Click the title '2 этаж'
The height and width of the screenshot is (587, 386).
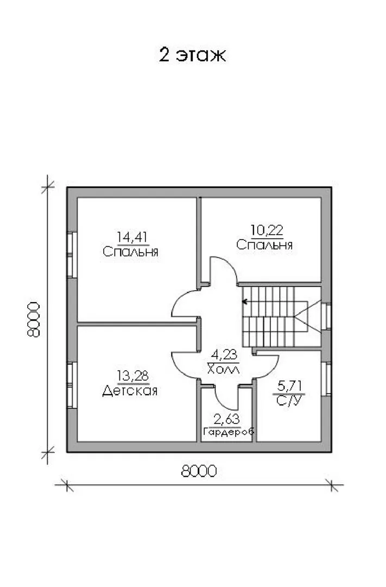pyautogui.click(x=193, y=55)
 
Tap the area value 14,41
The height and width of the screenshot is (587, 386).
pyautogui.click(x=132, y=237)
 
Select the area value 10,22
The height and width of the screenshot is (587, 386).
pyautogui.click(x=267, y=230)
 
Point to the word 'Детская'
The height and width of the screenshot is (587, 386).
pyautogui.click(x=129, y=391)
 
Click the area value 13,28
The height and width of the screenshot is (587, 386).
pyautogui.click(x=133, y=376)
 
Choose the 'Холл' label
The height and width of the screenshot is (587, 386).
pyautogui.click(x=224, y=370)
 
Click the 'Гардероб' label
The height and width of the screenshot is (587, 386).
pyautogui.click(x=229, y=431)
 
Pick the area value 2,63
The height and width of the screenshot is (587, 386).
pyautogui.click(x=227, y=419)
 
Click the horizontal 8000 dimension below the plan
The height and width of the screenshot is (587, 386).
pyautogui.click(x=199, y=471)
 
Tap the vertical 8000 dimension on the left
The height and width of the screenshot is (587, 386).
pyautogui.click(x=34, y=320)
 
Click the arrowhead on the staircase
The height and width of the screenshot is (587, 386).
pyautogui.click(x=245, y=301)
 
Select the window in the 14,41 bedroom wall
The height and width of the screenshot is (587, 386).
pyautogui.click(x=72, y=255)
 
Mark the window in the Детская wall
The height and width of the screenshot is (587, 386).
pyautogui.click(x=72, y=385)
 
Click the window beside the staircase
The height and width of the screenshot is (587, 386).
pyautogui.click(x=326, y=317)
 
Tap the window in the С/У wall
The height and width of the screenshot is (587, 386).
pyautogui.click(x=326, y=379)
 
